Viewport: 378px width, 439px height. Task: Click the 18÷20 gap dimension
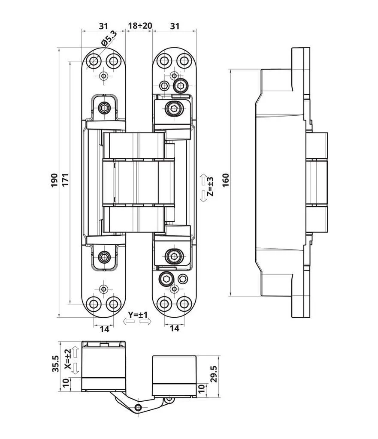tap(140, 26)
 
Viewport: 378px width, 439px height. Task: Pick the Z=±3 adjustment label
tap(210, 187)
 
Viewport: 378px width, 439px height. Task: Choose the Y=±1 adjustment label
tap(137, 316)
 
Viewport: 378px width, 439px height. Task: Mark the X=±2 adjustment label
tap(67, 360)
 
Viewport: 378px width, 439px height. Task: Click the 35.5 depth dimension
tap(55, 364)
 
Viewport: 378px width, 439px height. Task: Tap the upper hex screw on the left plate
tap(104, 108)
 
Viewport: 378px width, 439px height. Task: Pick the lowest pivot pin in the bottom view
tap(137, 407)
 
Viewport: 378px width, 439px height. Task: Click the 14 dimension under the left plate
tap(104, 329)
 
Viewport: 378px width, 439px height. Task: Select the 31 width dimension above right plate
tap(174, 26)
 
